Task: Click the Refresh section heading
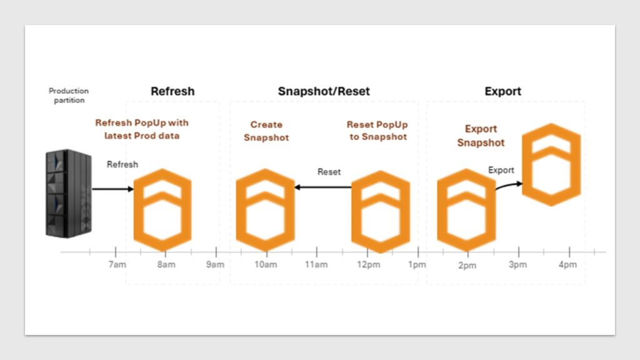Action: pos(172,91)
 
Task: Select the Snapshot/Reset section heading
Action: pos(324,91)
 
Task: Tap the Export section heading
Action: pos(503,91)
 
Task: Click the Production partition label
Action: pos(69,96)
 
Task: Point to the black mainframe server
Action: pos(69,193)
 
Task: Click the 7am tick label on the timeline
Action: pos(117,264)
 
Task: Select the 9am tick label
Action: pos(215,264)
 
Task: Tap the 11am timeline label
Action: pos(316,264)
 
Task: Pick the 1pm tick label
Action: pos(417,264)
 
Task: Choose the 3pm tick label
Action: pos(517,264)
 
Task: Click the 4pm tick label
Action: pos(567,264)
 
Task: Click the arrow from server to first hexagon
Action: pos(113,189)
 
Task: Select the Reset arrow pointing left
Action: pos(323,187)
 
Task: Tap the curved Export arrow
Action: pos(509,185)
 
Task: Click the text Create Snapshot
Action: pos(266,131)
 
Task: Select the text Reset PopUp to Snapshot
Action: pos(377,131)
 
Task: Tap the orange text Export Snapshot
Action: pos(481,136)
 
